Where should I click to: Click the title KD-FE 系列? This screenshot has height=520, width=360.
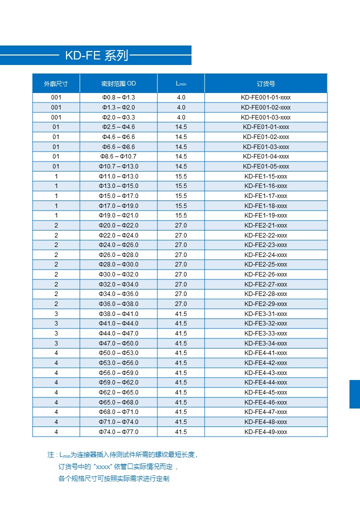(96, 55)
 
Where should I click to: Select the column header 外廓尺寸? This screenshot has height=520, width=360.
(56, 83)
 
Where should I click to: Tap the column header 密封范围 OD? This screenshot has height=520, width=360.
(118, 83)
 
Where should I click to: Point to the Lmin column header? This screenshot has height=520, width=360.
(181, 83)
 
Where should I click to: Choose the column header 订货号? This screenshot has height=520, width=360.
(265, 83)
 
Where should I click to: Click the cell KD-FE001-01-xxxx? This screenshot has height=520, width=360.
(265, 97)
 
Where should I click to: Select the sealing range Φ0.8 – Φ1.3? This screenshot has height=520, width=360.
(118, 97)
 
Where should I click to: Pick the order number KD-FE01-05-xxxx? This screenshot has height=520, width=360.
(265, 166)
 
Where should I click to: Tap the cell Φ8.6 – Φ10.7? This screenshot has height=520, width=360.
(118, 156)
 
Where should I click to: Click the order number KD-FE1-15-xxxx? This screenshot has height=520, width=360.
(265, 176)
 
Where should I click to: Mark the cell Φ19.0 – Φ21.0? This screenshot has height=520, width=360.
(118, 215)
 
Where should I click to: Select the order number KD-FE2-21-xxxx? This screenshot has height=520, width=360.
(265, 225)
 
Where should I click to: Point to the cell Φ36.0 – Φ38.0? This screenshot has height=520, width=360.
(118, 304)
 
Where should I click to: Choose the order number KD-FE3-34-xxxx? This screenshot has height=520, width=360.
(265, 343)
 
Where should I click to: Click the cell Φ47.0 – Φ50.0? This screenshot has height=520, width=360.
(118, 343)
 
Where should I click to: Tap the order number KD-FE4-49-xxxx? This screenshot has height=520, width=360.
(265, 432)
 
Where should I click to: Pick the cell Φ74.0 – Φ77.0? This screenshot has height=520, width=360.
(118, 432)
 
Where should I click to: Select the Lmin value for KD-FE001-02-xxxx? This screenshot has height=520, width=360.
(181, 107)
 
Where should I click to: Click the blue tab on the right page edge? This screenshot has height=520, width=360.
(354, 394)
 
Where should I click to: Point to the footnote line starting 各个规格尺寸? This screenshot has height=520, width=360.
(114, 478)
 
